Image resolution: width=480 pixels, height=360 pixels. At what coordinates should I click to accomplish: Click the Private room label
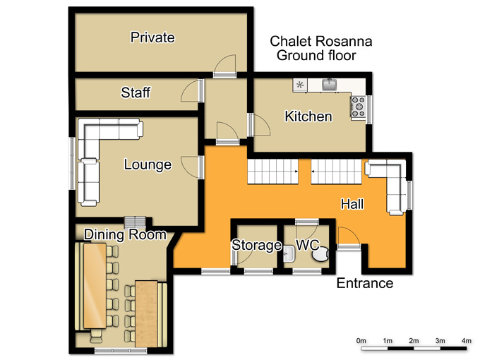152,37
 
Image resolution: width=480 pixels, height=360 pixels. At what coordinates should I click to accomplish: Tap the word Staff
136,92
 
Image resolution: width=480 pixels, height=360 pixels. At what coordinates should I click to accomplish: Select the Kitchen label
308,116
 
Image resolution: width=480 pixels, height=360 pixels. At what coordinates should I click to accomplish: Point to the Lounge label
148,164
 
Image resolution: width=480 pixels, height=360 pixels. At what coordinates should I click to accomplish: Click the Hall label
352,204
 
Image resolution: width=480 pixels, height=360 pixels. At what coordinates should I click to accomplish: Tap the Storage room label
256,245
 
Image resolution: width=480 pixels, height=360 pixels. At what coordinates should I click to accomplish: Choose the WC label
307,245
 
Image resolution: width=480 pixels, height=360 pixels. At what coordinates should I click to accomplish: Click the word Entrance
365,283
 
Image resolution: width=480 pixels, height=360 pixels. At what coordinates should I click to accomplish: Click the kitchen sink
330,84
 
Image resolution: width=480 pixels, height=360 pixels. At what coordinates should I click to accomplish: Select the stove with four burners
359,107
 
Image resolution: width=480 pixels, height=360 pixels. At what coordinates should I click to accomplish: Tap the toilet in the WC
320,254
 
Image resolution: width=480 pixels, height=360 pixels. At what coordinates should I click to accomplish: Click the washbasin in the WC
289,254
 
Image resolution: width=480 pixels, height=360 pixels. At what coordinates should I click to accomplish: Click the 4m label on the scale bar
467,341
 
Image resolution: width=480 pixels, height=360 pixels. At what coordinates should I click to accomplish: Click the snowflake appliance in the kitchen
300,85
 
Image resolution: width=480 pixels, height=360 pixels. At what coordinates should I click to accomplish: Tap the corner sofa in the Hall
388,185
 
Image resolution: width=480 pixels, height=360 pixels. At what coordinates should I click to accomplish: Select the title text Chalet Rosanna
320,42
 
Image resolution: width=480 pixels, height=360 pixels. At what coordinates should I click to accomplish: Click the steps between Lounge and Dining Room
135,222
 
